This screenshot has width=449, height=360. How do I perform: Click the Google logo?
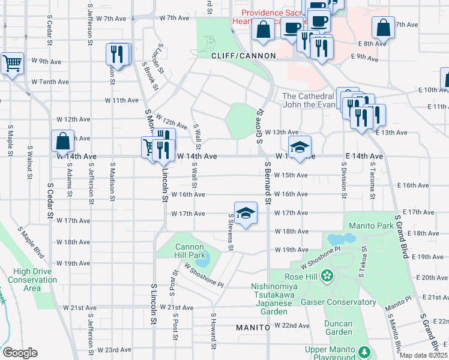[20, 353]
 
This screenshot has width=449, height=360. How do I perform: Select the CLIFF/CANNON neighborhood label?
[243, 56]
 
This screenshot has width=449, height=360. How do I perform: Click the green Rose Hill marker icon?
[327, 277]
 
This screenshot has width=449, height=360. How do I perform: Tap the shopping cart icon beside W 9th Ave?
[12, 63]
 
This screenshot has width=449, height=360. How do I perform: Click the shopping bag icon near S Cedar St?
[62, 142]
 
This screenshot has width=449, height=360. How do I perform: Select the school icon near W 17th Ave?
[245, 213]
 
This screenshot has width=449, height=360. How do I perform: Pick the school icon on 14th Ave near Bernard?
[300, 146]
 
